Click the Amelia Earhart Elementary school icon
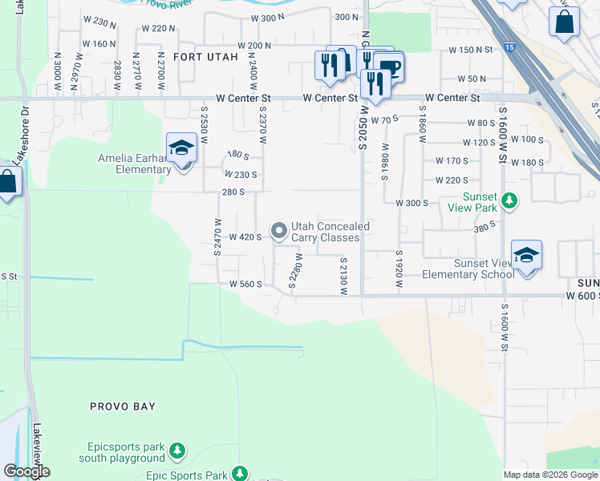pyautogui.click(x=182, y=148)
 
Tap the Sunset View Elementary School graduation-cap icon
pyautogui.click(x=526, y=256)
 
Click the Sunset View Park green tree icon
pyautogui.click(x=509, y=200)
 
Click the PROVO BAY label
pyautogui.click(x=123, y=406)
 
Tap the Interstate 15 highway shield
pyautogui.click(x=511, y=49)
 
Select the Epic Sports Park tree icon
pyautogui.click(x=239, y=473)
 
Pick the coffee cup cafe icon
pyautogui.click(x=389, y=67)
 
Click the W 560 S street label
pyautogui.click(x=245, y=284)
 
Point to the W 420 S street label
pyautogui.click(x=245, y=237)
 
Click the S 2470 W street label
pyautogui.click(x=217, y=237)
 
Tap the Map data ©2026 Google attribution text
pyautogui.click(x=550, y=475)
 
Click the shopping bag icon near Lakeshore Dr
pyautogui.click(x=8, y=181)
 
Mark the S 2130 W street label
pyautogui.click(x=343, y=275)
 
